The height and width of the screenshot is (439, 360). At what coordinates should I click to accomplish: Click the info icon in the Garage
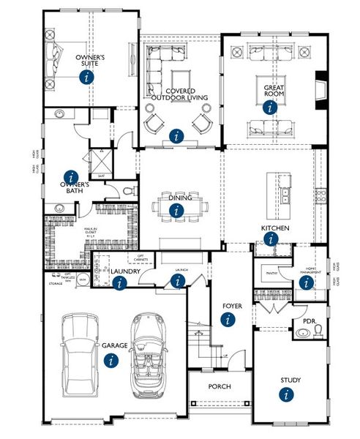pyautogui.click(x=110, y=360)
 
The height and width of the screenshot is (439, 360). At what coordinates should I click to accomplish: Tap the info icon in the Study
pyautogui.click(x=285, y=394)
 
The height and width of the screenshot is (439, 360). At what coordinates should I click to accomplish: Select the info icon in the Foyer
pyautogui.click(x=228, y=319)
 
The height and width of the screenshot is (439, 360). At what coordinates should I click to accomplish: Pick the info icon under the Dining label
pyautogui.click(x=176, y=210)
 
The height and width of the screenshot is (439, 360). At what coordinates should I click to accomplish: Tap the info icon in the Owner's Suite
pyautogui.click(x=88, y=76)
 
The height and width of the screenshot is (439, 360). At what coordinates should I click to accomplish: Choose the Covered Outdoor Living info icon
pyautogui.click(x=176, y=135)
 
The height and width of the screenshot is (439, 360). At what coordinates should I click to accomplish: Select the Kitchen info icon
pyautogui.click(x=271, y=239)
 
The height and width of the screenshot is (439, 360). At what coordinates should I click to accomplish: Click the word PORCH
pyautogui.click(x=219, y=386)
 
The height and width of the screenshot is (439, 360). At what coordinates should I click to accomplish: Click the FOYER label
pyautogui.click(x=232, y=307)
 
